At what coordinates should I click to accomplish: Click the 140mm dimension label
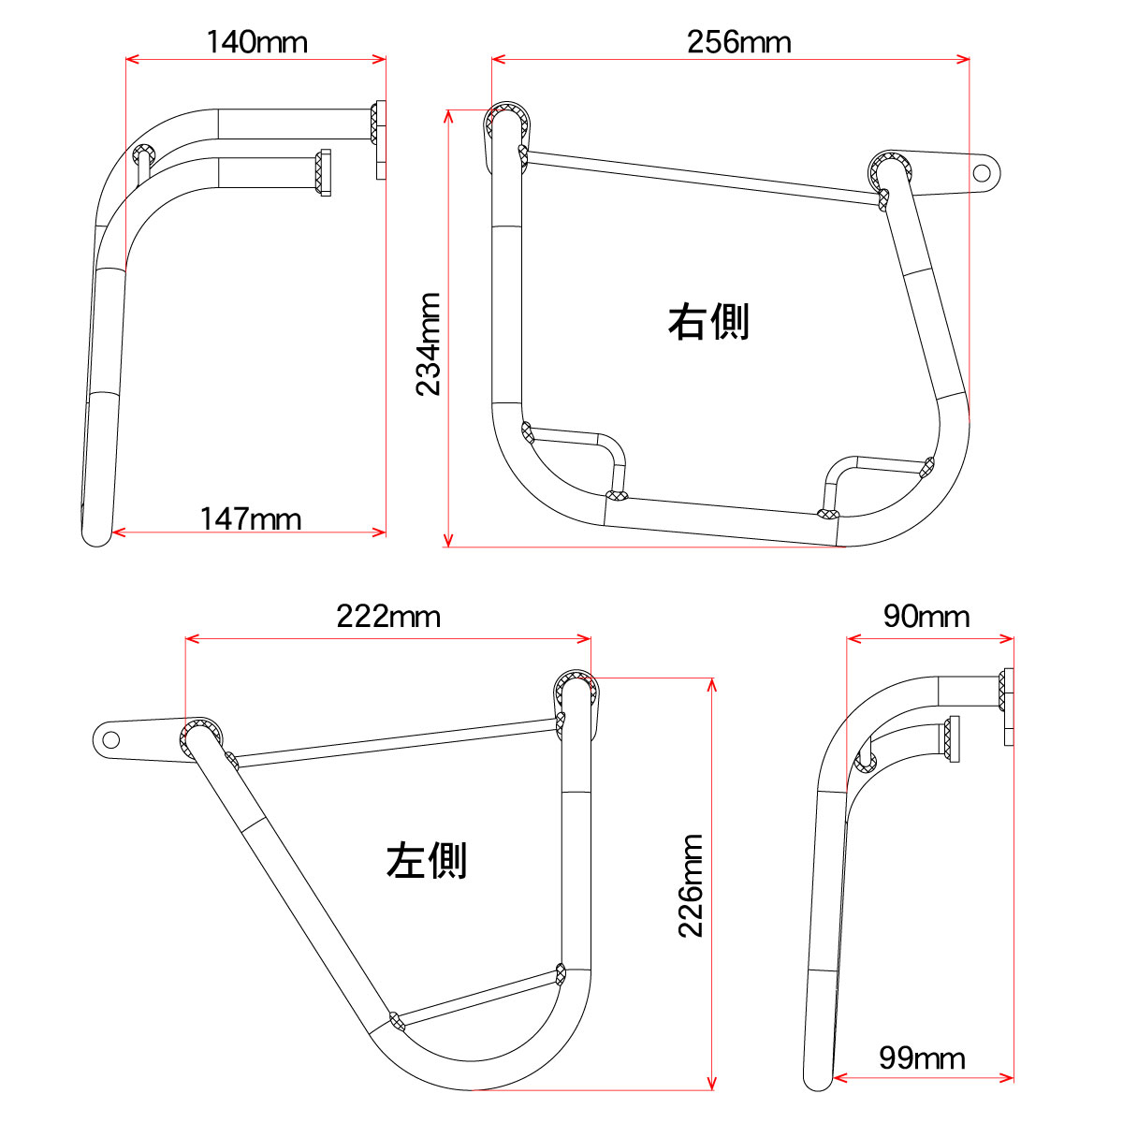point(257,42)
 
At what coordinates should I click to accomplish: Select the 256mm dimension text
point(739,42)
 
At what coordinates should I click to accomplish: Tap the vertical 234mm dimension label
point(429,344)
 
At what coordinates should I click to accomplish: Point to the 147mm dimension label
point(251,518)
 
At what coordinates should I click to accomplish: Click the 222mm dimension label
point(388,617)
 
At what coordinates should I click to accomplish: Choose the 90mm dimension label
point(926,617)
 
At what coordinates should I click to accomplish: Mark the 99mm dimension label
point(922,1058)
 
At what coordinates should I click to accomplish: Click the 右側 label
point(708,321)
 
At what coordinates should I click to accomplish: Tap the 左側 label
point(427,860)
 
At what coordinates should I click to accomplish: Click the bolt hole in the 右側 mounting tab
point(982,173)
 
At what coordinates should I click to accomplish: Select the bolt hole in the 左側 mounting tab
point(110,740)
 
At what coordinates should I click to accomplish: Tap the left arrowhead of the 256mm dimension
point(498,59)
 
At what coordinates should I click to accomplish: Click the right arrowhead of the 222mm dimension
point(584,639)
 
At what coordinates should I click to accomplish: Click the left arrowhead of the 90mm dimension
point(853,639)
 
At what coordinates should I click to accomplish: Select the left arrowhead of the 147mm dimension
point(118,532)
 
